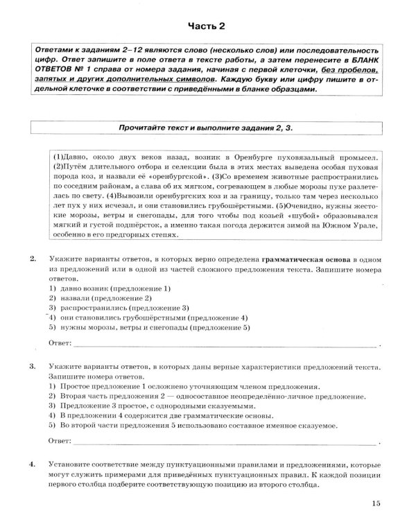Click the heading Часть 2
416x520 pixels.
[x=208, y=27]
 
